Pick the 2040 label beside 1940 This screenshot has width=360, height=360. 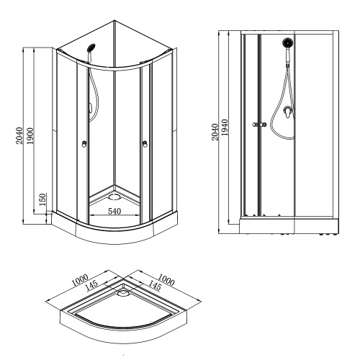215,130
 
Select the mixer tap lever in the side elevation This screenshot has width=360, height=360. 288,113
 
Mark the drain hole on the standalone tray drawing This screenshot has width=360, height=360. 123,293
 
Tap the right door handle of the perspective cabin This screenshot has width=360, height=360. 146,145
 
